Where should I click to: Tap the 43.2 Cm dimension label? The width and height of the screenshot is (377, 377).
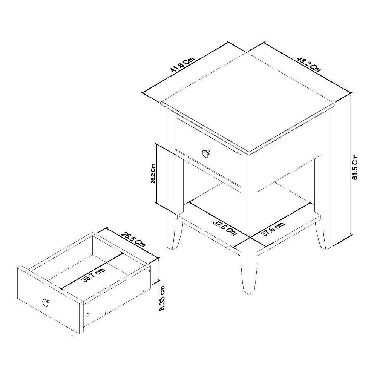click(x=309, y=64)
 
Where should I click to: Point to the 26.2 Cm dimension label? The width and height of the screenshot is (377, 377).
click(x=153, y=173)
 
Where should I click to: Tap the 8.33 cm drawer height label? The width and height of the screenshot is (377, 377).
click(x=162, y=297)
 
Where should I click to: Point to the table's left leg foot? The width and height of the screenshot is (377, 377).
click(x=172, y=246)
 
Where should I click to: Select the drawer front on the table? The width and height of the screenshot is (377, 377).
click(x=208, y=151)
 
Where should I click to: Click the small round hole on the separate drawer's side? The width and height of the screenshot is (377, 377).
click(x=88, y=314)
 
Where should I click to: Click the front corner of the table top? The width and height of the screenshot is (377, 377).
click(x=248, y=153)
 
